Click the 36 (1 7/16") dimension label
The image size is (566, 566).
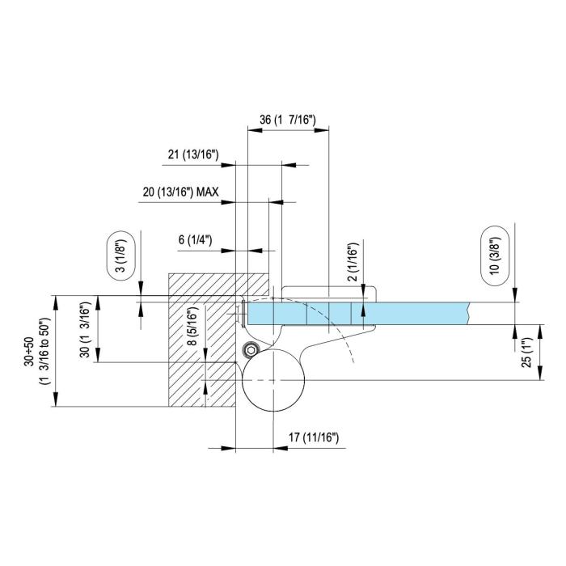point(287,120)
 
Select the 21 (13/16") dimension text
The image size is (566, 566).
point(193,154)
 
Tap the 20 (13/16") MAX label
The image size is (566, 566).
point(180,192)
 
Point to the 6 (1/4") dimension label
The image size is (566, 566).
point(196,239)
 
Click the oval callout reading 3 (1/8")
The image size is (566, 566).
point(121,256)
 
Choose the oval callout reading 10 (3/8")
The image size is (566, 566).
point(495,256)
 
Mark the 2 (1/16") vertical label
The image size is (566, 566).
point(353,262)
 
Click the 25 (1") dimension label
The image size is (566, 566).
point(527,352)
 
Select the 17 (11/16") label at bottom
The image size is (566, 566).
point(314,437)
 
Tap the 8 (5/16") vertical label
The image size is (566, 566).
point(193,326)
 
